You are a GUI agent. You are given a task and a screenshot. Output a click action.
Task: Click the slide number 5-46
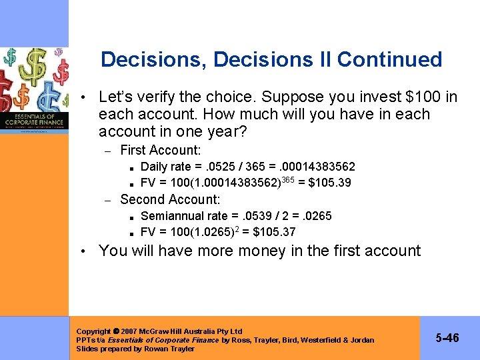[x=447, y=338]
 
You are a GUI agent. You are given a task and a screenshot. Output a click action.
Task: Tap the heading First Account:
[x=160, y=151]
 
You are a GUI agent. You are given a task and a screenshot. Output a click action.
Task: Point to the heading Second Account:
[x=170, y=199]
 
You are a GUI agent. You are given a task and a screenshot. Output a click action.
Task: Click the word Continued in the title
[x=389, y=59]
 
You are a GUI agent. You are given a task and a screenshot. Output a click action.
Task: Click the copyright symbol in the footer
[x=115, y=331]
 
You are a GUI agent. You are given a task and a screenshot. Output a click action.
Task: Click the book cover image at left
[x=34, y=90]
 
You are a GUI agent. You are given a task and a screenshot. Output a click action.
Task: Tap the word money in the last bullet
[x=253, y=251]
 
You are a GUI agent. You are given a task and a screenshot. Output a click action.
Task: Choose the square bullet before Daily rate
[x=133, y=167]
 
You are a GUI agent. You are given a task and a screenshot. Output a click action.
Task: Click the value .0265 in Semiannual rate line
[x=316, y=216]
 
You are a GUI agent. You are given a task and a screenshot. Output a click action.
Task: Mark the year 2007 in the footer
[x=128, y=331]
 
